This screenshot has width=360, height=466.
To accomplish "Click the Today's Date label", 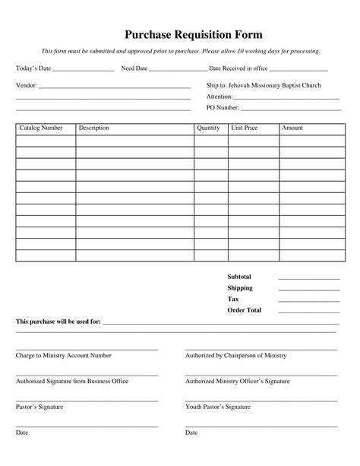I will point(33,68).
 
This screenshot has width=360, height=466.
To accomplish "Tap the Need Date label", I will point(134,68).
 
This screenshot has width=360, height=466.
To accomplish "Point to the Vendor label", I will point(26,86).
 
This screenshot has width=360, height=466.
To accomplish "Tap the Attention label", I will point(219,97).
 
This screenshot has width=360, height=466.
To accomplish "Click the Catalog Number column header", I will point(41,128).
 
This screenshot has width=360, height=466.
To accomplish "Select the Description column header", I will point(94,128).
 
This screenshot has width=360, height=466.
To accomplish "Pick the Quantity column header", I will point(208,128).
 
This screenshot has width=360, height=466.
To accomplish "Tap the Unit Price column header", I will point(245,128).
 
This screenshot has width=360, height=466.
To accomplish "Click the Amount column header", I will point(292,128).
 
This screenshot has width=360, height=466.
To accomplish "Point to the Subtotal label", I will point(239,277).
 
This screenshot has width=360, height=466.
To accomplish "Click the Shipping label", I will point(240,288).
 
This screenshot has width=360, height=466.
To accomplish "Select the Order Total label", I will point(245,310).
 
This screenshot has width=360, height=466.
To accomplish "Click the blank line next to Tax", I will point(308,301).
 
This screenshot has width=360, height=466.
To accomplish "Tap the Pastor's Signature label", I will point(39,407).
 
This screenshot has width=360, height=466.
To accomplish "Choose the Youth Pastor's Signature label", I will point(218,407).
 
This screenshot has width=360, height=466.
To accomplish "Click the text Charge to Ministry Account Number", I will point(64,355).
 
